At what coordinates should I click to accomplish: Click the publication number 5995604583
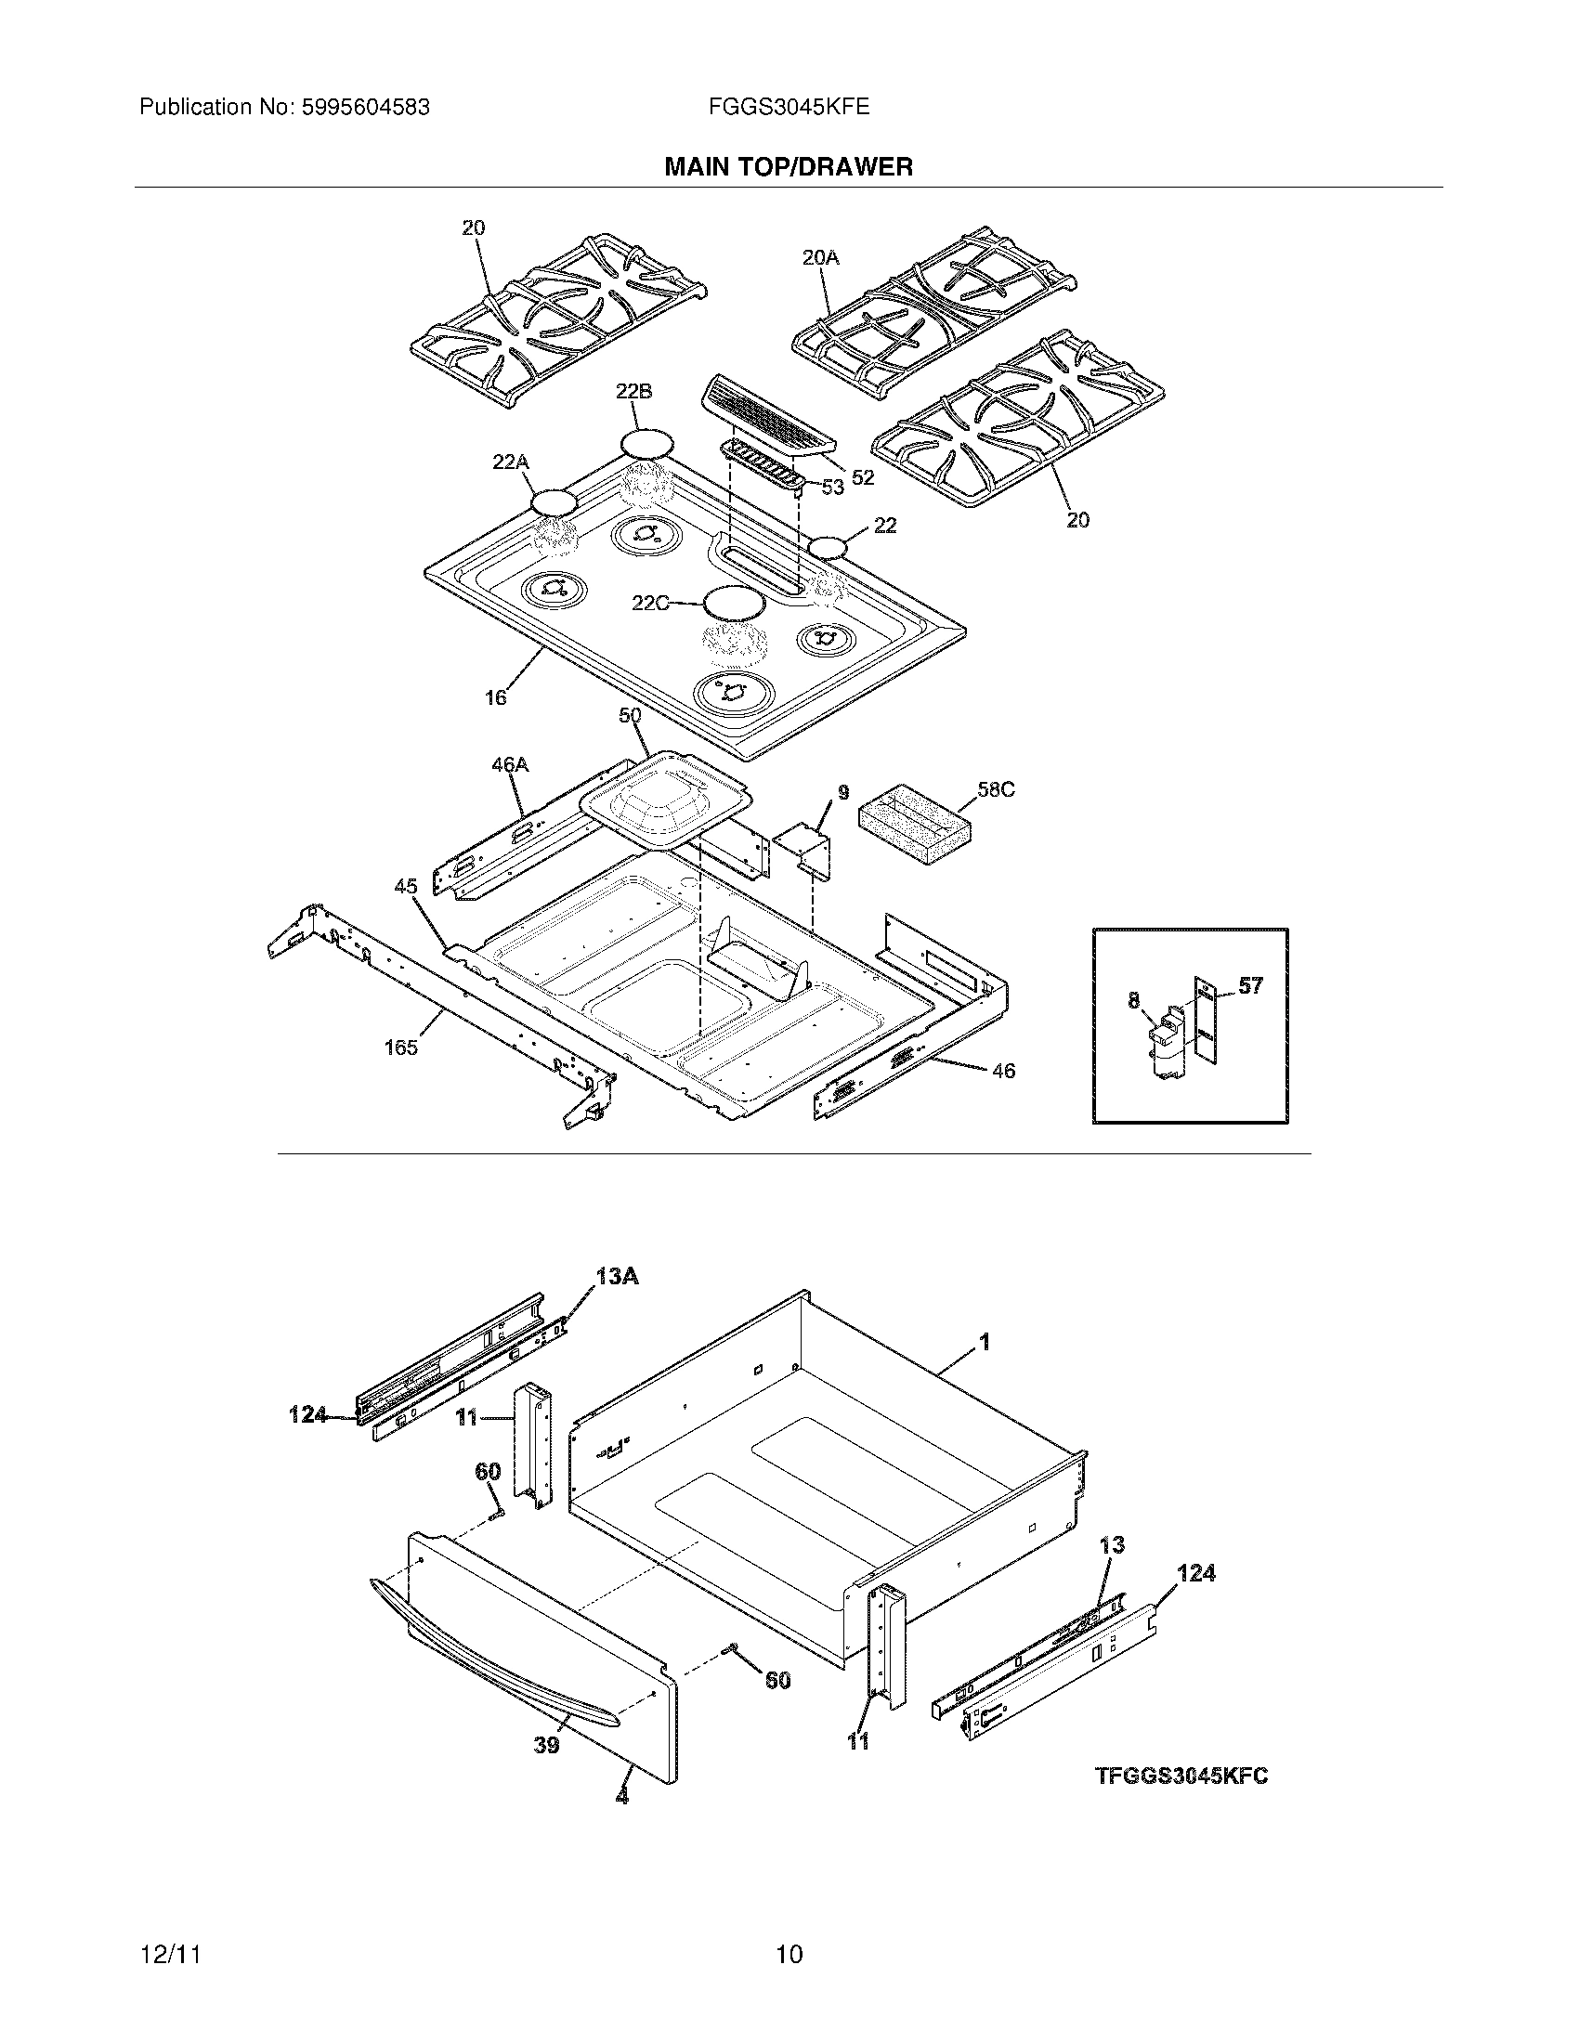click(365, 108)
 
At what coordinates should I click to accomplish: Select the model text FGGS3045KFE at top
click(789, 108)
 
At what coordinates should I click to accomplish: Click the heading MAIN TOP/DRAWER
click(788, 167)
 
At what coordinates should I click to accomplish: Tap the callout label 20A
click(820, 257)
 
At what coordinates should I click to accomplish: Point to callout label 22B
click(633, 392)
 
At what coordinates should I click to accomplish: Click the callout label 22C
click(650, 604)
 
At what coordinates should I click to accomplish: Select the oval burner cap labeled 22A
click(554, 502)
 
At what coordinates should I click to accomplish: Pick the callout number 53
click(832, 487)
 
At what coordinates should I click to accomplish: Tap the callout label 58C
click(996, 789)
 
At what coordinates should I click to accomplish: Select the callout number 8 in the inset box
click(1134, 1001)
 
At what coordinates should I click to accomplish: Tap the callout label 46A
click(510, 764)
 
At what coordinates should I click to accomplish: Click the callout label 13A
click(617, 1275)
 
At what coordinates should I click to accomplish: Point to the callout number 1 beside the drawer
click(984, 1343)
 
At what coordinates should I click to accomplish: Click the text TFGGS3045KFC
click(1181, 1776)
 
